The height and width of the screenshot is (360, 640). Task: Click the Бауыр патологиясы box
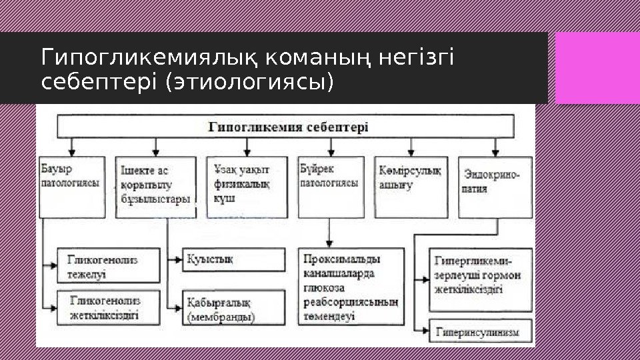click(x=72, y=187)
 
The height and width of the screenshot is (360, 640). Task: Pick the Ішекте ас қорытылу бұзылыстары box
click(x=156, y=187)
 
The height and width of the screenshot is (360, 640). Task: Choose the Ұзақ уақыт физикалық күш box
click(x=247, y=187)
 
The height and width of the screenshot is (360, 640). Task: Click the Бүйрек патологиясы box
click(x=331, y=187)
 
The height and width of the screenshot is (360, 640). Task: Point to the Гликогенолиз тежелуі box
click(x=109, y=266)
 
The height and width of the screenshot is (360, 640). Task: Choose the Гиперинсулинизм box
click(x=480, y=331)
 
